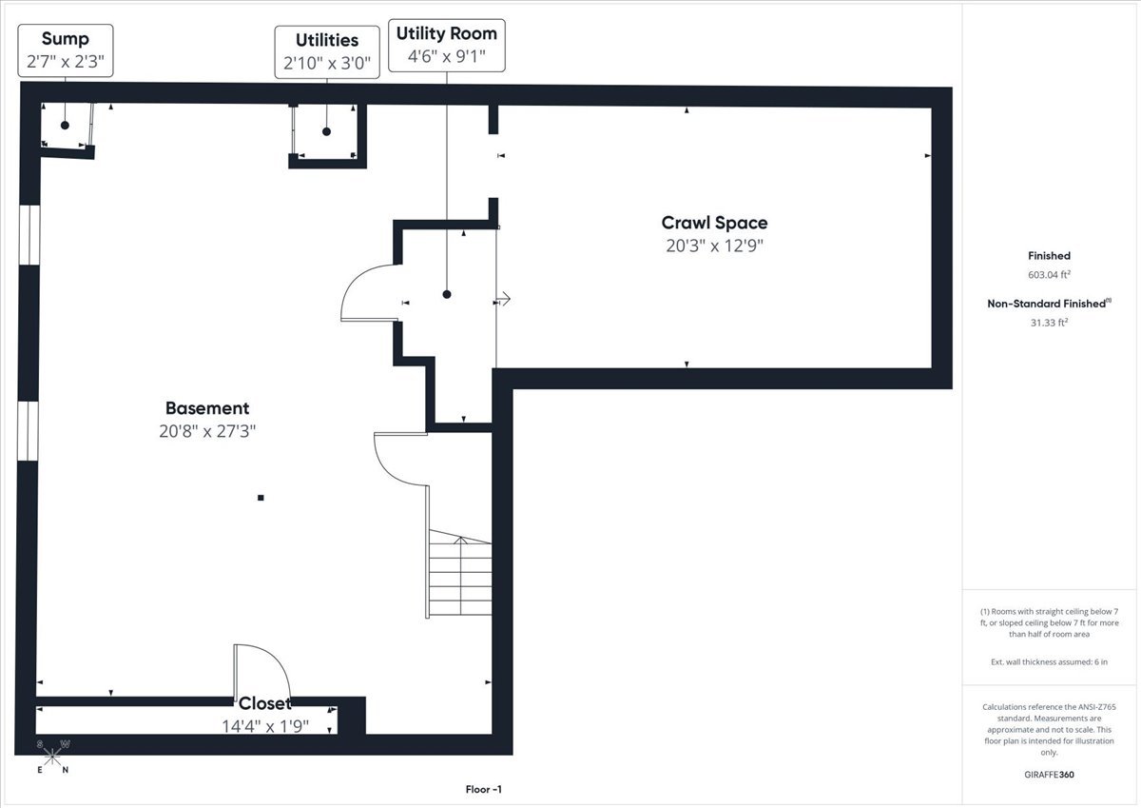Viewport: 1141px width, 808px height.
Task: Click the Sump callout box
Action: [x=66, y=50]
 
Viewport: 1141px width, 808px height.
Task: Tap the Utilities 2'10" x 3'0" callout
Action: [x=327, y=52]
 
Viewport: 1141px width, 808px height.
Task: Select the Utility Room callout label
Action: [x=447, y=46]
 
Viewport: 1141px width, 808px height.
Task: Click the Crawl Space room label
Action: [x=714, y=223]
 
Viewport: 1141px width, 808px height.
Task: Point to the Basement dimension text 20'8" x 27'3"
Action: [x=207, y=431]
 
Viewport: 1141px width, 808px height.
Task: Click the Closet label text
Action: [x=265, y=703]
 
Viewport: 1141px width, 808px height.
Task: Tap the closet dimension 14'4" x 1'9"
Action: [x=265, y=726]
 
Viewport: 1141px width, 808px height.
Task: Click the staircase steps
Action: [x=460, y=573]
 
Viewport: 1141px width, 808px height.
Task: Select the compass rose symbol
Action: [x=52, y=757]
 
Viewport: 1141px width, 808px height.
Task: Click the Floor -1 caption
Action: [x=483, y=789]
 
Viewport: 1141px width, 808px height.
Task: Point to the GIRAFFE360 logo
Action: [x=1049, y=775]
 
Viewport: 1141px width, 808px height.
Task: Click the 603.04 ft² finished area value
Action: [x=1049, y=274]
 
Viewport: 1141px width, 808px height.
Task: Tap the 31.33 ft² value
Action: [x=1049, y=323]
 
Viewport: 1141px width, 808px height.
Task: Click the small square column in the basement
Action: [x=261, y=498]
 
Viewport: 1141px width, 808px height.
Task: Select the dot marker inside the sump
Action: [x=65, y=125]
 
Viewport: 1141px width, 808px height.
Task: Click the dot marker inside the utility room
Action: [x=447, y=294]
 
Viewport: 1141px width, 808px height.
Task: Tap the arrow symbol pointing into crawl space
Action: [x=503, y=298]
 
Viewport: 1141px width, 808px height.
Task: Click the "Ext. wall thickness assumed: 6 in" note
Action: [x=1049, y=661]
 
